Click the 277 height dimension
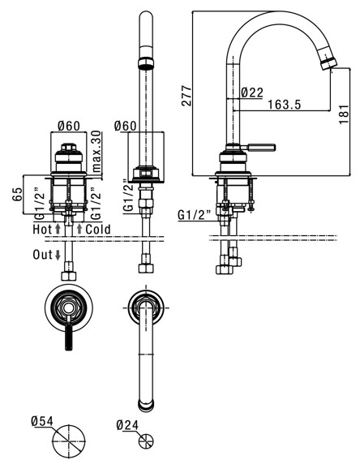186,96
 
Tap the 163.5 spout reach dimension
285,105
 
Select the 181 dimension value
344,114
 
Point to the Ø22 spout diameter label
252,92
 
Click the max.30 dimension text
96,152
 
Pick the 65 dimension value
17,194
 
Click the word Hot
42,229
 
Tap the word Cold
98,229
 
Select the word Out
42,255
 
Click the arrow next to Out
58,255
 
